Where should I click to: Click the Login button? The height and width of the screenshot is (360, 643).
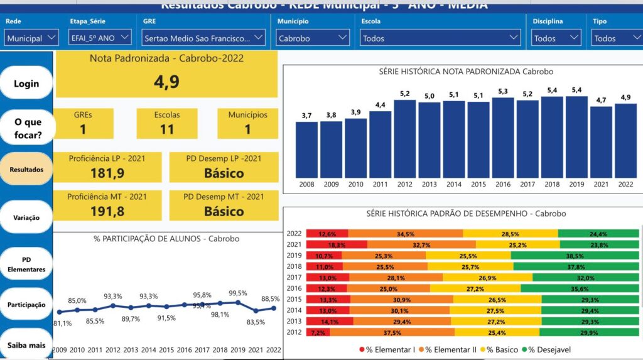coord(26,83)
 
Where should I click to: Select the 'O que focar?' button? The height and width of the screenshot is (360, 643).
coord(28,128)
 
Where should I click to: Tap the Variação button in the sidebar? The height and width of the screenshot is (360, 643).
coord(26,217)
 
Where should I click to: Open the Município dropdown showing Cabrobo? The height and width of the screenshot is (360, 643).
coord(313,38)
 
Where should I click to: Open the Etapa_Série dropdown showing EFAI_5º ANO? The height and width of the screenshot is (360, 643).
coord(100,38)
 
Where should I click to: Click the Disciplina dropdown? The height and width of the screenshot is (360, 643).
coord(556,38)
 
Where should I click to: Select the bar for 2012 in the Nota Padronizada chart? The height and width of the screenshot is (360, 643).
coord(405,138)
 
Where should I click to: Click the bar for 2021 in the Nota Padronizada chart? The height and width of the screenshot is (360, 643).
coord(601,141)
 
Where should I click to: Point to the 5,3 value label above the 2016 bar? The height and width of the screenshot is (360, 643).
coord(503,91)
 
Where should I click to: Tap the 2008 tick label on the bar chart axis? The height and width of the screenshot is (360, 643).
coord(306,184)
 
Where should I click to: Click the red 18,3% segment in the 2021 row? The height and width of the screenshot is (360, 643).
coord(337,245)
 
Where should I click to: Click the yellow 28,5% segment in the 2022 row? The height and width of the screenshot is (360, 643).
coord(510,234)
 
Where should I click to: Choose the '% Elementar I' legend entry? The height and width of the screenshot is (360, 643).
coord(387,349)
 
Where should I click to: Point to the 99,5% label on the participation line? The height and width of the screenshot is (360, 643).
coord(237,293)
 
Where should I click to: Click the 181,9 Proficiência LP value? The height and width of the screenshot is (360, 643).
coord(107,173)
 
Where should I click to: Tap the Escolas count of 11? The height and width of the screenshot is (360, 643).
coord(166,129)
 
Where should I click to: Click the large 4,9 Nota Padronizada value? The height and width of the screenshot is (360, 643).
coord(166,82)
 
